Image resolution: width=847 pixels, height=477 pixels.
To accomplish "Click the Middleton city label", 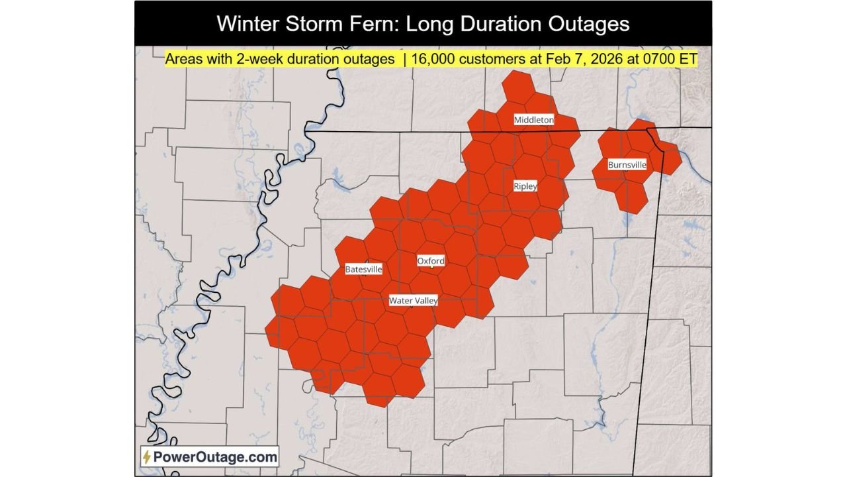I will [534, 120].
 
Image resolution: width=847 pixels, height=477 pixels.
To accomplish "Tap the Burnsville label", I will [627, 164].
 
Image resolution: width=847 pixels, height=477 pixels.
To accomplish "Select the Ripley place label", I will [525, 186].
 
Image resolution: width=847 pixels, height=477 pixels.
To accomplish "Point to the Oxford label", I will [431, 261].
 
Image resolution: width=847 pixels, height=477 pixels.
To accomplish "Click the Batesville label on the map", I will [363, 269].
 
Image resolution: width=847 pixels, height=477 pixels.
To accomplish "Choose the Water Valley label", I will [414, 301].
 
